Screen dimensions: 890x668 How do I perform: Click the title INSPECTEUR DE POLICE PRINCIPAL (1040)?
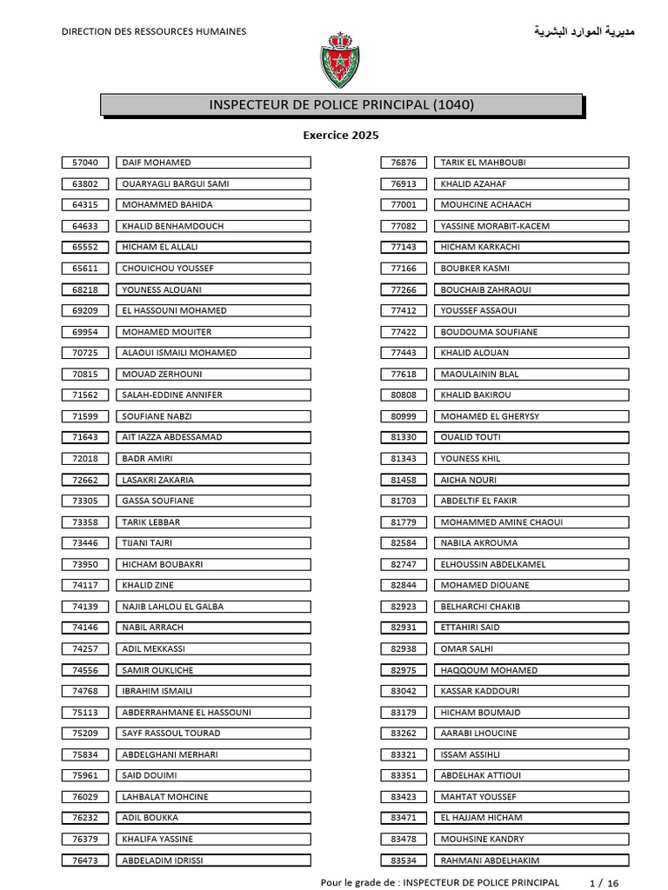(x=342, y=105)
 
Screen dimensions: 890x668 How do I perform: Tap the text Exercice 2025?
(x=341, y=136)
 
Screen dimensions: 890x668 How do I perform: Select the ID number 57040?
(x=85, y=163)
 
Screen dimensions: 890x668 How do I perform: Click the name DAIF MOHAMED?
(x=157, y=163)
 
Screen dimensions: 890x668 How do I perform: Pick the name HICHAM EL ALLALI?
(x=160, y=247)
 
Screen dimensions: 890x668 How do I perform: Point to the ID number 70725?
(x=85, y=353)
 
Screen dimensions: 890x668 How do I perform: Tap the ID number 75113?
(x=85, y=713)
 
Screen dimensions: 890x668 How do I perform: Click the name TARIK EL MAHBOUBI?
(x=483, y=163)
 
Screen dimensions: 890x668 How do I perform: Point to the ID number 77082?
(x=404, y=226)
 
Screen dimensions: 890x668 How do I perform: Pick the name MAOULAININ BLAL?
(x=479, y=374)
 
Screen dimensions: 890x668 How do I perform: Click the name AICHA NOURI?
(x=469, y=480)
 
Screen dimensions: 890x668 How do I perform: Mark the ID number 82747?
(x=404, y=564)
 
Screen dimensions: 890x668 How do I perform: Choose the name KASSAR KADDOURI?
(x=480, y=691)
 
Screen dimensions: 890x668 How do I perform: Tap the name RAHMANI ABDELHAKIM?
(x=490, y=860)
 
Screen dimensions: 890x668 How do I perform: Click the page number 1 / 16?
(x=605, y=883)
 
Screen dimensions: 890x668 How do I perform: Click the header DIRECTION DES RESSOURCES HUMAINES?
(x=153, y=32)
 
